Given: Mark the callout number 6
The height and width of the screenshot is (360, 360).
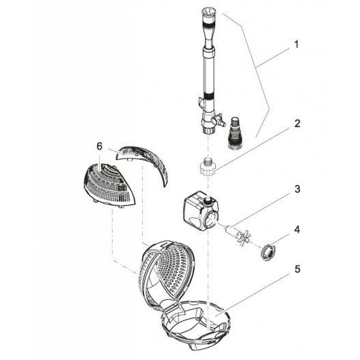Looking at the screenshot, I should pyautogui.click(x=100, y=147).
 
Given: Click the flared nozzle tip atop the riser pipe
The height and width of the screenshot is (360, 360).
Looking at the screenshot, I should pyautogui.click(x=209, y=14).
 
